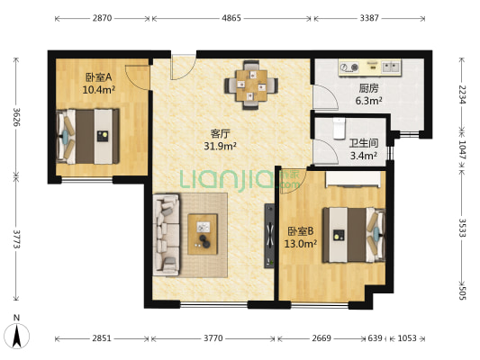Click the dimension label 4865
click(231, 18)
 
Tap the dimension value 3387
click(369, 18)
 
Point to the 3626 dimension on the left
click(17, 117)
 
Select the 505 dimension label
click(462, 292)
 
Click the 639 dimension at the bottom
click(375, 338)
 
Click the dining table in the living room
click(251, 85)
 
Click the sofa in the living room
click(167, 235)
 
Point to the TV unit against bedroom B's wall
click(269, 236)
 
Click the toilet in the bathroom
click(339, 129)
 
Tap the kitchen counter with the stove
click(369, 67)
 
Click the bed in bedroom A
click(88, 137)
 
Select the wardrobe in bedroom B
click(353, 179)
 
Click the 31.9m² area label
click(220, 146)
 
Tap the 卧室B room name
click(300, 231)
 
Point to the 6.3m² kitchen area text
click(368, 101)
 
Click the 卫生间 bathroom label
click(364, 143)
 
